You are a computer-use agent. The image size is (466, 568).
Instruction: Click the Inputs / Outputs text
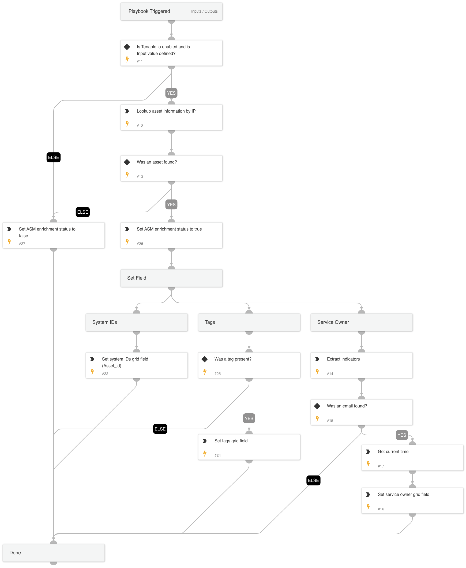point(204,11)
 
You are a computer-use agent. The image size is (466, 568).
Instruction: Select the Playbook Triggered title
point(149,11)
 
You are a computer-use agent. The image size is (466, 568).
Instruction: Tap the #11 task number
point(140,62)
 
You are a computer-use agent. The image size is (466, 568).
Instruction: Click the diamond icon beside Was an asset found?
point(127,162)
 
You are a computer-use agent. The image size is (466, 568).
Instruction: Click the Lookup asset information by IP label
point(166,111)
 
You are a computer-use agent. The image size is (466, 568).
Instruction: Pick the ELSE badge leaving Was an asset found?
point(83,212)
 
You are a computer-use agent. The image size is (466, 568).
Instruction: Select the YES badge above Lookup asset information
point(171,93)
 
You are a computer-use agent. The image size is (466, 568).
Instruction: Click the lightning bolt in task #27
point(9,242)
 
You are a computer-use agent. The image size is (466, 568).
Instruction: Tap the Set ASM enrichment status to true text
point(169,229)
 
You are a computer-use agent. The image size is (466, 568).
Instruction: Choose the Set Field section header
point(137,278)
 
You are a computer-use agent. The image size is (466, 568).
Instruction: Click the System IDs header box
point(136,322)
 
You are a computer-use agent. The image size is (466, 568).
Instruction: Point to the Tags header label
point(210,322)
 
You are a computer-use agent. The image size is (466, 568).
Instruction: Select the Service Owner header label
point(333,322)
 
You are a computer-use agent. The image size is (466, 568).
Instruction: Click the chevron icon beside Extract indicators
point(317,359)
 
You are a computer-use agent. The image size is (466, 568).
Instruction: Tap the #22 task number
point(105,374)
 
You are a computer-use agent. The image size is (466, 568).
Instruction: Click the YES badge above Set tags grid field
point(249,418)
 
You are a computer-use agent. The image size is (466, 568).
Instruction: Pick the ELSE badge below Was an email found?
point(313,480)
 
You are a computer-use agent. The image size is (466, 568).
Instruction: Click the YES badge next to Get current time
point(401,435)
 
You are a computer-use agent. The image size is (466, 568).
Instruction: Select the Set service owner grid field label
point(403,494)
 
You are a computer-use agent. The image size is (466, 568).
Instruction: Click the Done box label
point(15,553)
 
